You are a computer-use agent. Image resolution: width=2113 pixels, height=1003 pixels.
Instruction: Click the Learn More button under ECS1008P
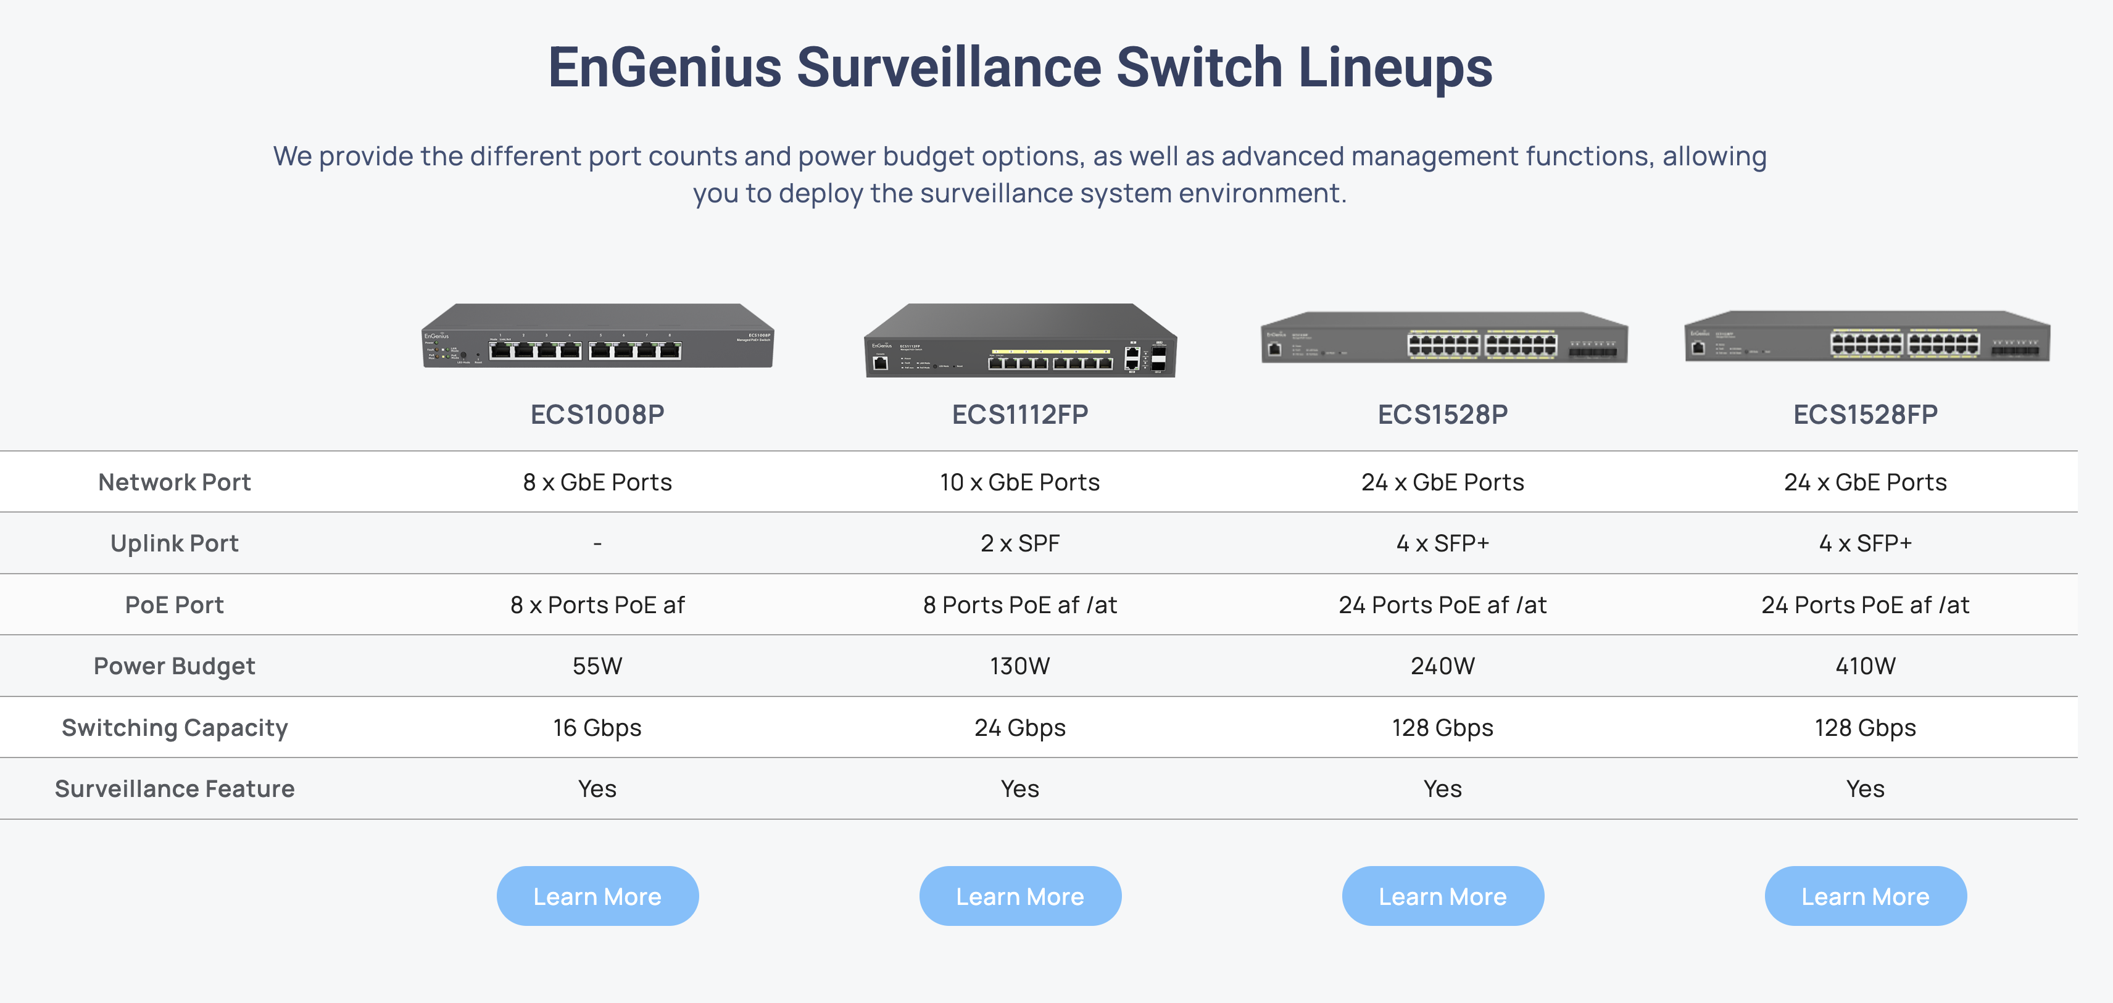[x=597, y=896]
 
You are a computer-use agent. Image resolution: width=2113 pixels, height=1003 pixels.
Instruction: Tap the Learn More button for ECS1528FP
[x=1866, y=896]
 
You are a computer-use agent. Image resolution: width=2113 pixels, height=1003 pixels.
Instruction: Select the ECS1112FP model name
[x=1019, y=414]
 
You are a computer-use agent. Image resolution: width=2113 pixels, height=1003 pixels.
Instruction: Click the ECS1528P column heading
[x=1443, y=414]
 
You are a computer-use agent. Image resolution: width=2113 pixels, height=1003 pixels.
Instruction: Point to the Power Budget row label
[x=175, y=666]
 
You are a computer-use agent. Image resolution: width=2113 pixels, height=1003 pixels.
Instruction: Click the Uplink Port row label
[x=175, y=543]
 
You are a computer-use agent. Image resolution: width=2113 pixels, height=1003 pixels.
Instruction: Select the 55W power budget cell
[x=597, y=666]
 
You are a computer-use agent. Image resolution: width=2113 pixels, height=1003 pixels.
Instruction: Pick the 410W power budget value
[x=1866, y=666]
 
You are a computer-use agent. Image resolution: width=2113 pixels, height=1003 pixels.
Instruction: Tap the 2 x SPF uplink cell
[x=1019, y=543]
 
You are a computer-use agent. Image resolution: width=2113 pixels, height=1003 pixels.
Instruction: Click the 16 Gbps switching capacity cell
[x=597, y=727]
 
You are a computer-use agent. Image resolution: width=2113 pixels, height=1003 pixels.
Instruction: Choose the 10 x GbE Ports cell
[x=1019, y=482]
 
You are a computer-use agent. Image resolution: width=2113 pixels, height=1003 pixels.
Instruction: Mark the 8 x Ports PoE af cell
[x=597, y=605]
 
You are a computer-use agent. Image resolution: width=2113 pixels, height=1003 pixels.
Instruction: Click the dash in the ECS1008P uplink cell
[x=597, y=543]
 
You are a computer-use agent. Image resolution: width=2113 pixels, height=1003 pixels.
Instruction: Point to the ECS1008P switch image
[x=597, y=336]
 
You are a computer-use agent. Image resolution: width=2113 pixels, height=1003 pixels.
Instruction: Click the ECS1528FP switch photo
[x=1867, y=336]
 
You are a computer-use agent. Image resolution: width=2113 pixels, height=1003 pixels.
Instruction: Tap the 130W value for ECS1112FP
[x=1019, y=666]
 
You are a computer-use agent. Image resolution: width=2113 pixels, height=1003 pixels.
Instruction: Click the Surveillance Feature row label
[x=175, y=789]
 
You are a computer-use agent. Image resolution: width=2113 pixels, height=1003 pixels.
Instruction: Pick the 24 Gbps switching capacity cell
[x=1019, y=727]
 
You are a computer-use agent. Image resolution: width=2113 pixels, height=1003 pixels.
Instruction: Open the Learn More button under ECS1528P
[x=1443, y=896]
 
